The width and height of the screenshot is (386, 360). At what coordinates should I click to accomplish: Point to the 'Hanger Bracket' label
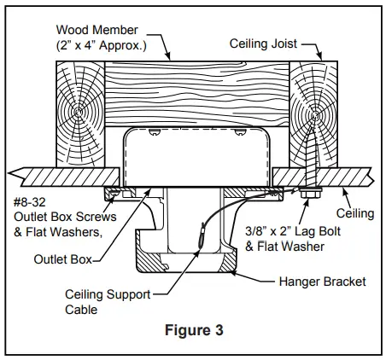point(322,281)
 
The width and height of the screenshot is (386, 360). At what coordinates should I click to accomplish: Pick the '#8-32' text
point(32,204)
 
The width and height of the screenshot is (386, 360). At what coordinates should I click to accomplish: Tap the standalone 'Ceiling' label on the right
point(357,212)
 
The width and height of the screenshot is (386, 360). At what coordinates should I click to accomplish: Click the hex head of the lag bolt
point(307,195)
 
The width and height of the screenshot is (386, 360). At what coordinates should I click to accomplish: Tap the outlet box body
point(197,157)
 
